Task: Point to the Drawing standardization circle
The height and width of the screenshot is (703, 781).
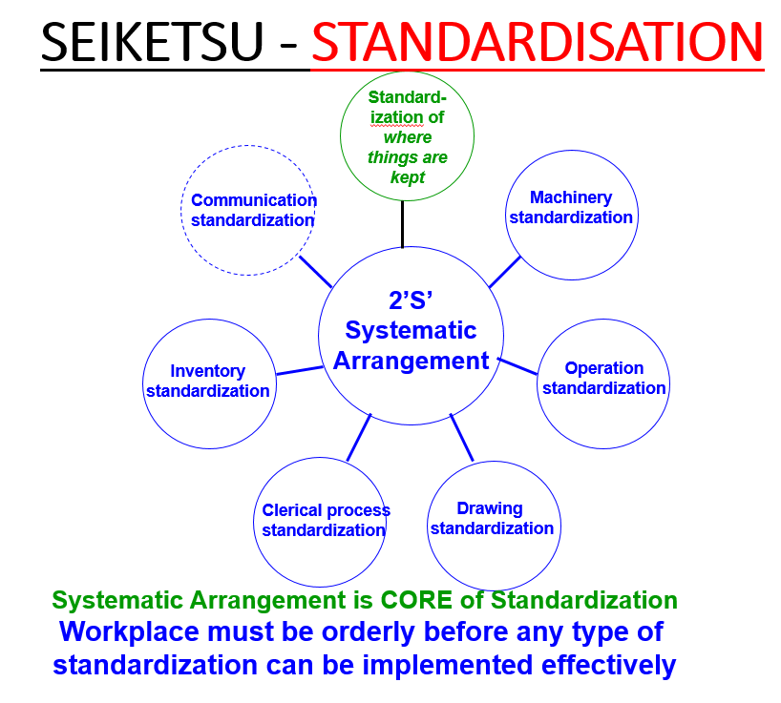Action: [492, 519]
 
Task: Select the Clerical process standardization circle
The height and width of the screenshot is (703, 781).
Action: [324, 521]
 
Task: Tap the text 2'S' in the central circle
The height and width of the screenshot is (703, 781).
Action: [412, 298]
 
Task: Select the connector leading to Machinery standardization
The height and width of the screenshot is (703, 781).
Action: [505, 272]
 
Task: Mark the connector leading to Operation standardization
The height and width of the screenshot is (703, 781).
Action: [517, 366]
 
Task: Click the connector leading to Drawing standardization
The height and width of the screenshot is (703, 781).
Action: [461, 438]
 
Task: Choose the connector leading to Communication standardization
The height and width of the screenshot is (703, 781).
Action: [316, 271]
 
